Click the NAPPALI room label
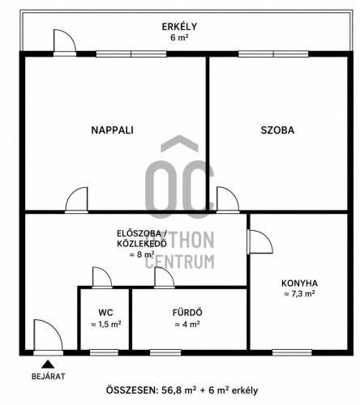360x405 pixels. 112,130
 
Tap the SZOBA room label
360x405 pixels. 277,130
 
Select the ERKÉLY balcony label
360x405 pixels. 179,27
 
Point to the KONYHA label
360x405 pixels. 299,283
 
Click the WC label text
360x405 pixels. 105,313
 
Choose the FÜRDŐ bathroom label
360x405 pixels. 187,313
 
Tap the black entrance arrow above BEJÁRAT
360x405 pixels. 48,364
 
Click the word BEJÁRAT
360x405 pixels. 49,377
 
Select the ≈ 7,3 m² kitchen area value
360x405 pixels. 299,294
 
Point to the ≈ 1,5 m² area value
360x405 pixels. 105,324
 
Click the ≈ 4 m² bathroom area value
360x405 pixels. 187,324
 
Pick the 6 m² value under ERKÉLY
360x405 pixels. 179,37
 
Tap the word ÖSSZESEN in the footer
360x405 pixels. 131,390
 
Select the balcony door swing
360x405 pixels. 65,40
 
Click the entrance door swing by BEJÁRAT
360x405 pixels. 48,335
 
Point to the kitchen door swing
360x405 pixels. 260,241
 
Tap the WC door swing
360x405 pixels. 102,276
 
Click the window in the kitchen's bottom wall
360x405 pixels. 292,352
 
